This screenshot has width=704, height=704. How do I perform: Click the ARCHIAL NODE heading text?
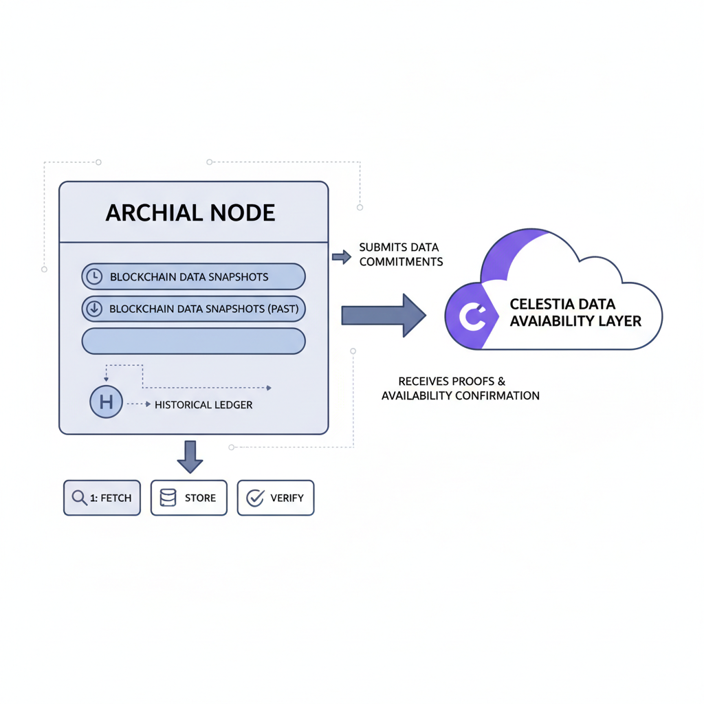(190, 213)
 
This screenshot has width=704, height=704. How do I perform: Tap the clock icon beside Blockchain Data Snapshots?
(93, 277)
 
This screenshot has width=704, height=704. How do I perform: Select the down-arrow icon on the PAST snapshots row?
(93, 309)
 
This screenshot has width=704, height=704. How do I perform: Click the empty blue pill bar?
(193, 341)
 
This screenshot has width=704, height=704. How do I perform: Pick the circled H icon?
(106, 403)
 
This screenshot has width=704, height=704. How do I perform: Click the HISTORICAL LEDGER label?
(203, 405)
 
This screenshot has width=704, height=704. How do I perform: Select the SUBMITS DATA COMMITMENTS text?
(401, 254)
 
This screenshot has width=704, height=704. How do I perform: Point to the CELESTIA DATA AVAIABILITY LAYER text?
(575, 312)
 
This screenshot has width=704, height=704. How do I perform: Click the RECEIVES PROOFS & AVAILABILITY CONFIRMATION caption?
(460, 388)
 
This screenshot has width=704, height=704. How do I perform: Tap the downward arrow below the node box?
(190, 456)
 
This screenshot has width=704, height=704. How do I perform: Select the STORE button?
(189, 498)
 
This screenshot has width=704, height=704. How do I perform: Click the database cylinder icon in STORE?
(168, 498)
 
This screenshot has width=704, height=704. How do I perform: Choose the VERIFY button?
(276, 498)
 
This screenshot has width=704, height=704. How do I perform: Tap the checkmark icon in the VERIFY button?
(255, 498)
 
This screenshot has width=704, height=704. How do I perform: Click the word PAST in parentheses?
(282, 309)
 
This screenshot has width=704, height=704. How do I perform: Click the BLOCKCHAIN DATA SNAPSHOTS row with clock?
(193, 277)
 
